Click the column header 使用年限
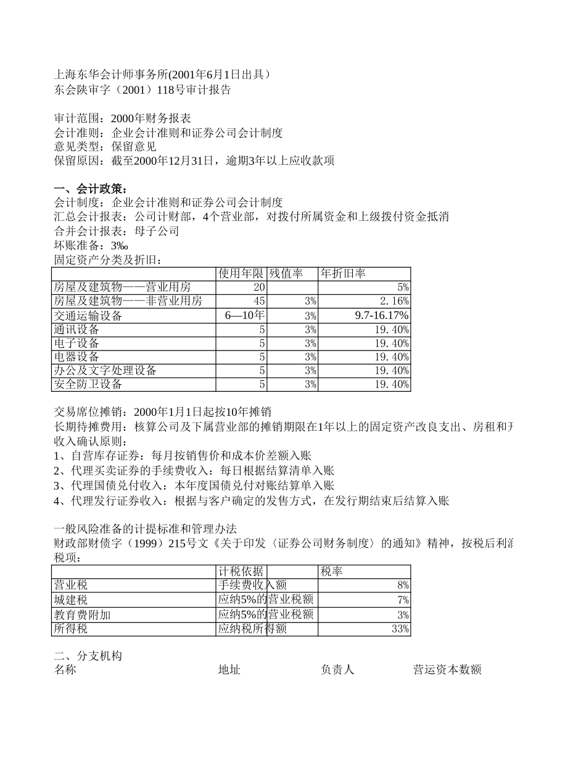[x=241, y=273]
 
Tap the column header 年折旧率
[x=343, y=273]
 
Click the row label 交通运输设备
[x=88, y=315]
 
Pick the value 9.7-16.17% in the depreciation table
[x=382, y=315]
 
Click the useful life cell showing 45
[x=259, y=301]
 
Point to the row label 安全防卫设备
[x=88, y=384]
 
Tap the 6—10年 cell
[x=245, y=315]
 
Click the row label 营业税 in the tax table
[x=71, y=585]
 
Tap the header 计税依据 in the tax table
[x=241, y=571]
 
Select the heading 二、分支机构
[x=88, y=656]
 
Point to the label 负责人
[x=337, y=670]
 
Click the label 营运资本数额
[x=447, y=670]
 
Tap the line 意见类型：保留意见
[x=105, y=146]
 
